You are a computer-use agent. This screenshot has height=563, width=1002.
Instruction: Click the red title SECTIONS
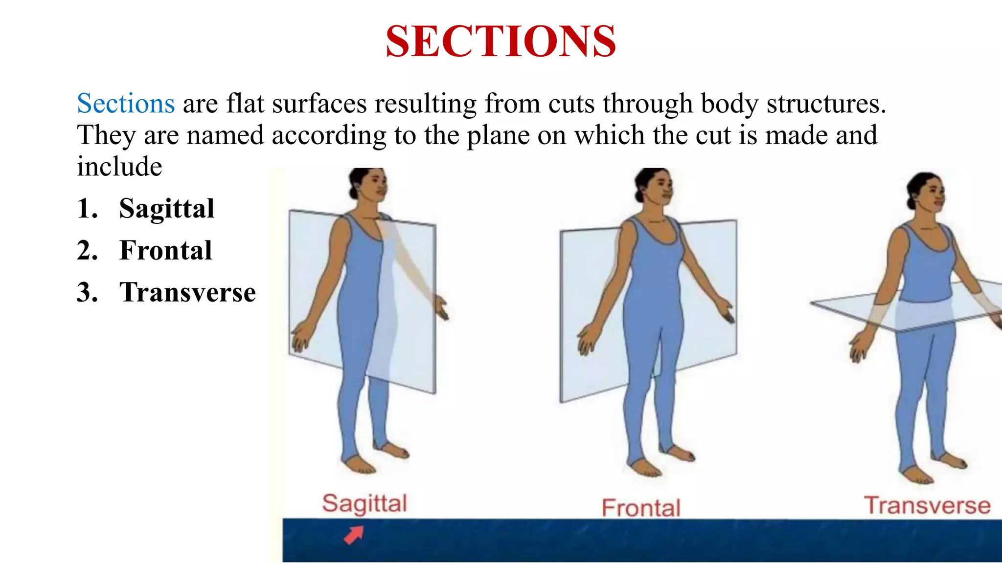click(x=501, y=42)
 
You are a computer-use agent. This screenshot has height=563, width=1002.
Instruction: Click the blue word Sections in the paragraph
click(x=126, y=104)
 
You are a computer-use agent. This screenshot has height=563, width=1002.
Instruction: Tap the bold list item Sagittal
click(x=166, y=209)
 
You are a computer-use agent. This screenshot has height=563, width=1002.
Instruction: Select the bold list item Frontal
click(x=165, y=250)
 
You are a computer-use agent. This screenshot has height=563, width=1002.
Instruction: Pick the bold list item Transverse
click(x=187, y=292)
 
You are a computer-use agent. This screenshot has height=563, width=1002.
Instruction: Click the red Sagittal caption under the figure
click(x=364, y=503)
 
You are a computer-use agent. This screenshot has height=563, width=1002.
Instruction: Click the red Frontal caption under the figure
click(x=641, y=508)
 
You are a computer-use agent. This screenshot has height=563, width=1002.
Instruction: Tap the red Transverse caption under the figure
click(x=927, y=505)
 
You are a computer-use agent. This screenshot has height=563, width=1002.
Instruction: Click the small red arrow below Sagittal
click(x=354, y=534)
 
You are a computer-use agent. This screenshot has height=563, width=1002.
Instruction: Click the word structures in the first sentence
click(x=826, y=104)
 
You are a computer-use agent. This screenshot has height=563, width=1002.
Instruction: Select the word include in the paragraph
click(x=119, y=167)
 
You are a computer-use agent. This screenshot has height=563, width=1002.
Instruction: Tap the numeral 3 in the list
click(x=87, y=292)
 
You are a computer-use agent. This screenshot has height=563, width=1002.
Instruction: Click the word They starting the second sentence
click(x=106, y=135)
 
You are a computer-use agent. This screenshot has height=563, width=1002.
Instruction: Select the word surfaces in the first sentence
click(x=319, y=104)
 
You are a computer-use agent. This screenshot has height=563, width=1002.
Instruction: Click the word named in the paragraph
click(x=225, y=135)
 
